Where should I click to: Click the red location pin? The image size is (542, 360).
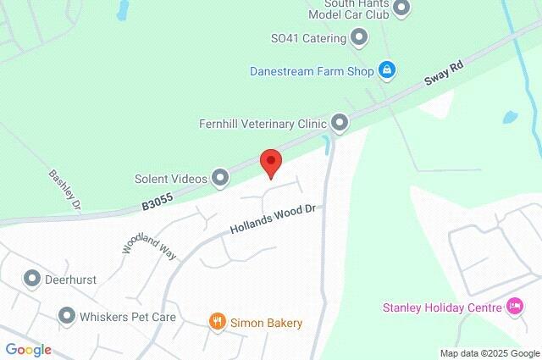269,161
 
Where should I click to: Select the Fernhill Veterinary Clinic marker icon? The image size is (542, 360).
340,124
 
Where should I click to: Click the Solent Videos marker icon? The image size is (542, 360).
220,178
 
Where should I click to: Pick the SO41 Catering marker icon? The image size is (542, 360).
360,38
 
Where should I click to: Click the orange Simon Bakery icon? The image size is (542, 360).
218,322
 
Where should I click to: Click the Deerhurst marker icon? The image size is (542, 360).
33,278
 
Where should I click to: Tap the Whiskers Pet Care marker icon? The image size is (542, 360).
67,317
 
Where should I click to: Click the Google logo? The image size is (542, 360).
28,350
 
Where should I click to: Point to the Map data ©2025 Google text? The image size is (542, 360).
489,352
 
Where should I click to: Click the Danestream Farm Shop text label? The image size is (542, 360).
312,70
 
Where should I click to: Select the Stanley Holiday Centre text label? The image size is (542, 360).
440,307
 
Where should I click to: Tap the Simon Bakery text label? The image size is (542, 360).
267,323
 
